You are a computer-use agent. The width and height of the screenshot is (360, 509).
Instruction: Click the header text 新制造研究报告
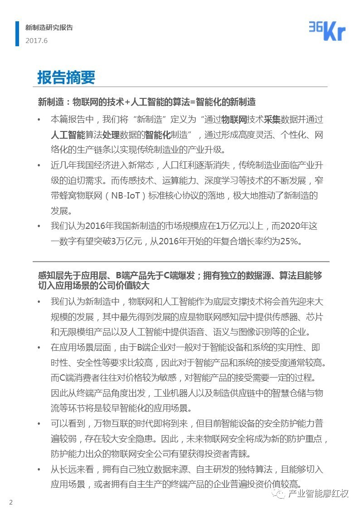(49, 28)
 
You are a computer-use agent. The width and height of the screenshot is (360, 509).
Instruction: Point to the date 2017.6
(36, 40)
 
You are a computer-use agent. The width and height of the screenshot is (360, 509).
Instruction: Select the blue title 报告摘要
(66, 78)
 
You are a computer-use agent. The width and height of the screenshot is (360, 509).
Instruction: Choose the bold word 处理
(112, 135)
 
